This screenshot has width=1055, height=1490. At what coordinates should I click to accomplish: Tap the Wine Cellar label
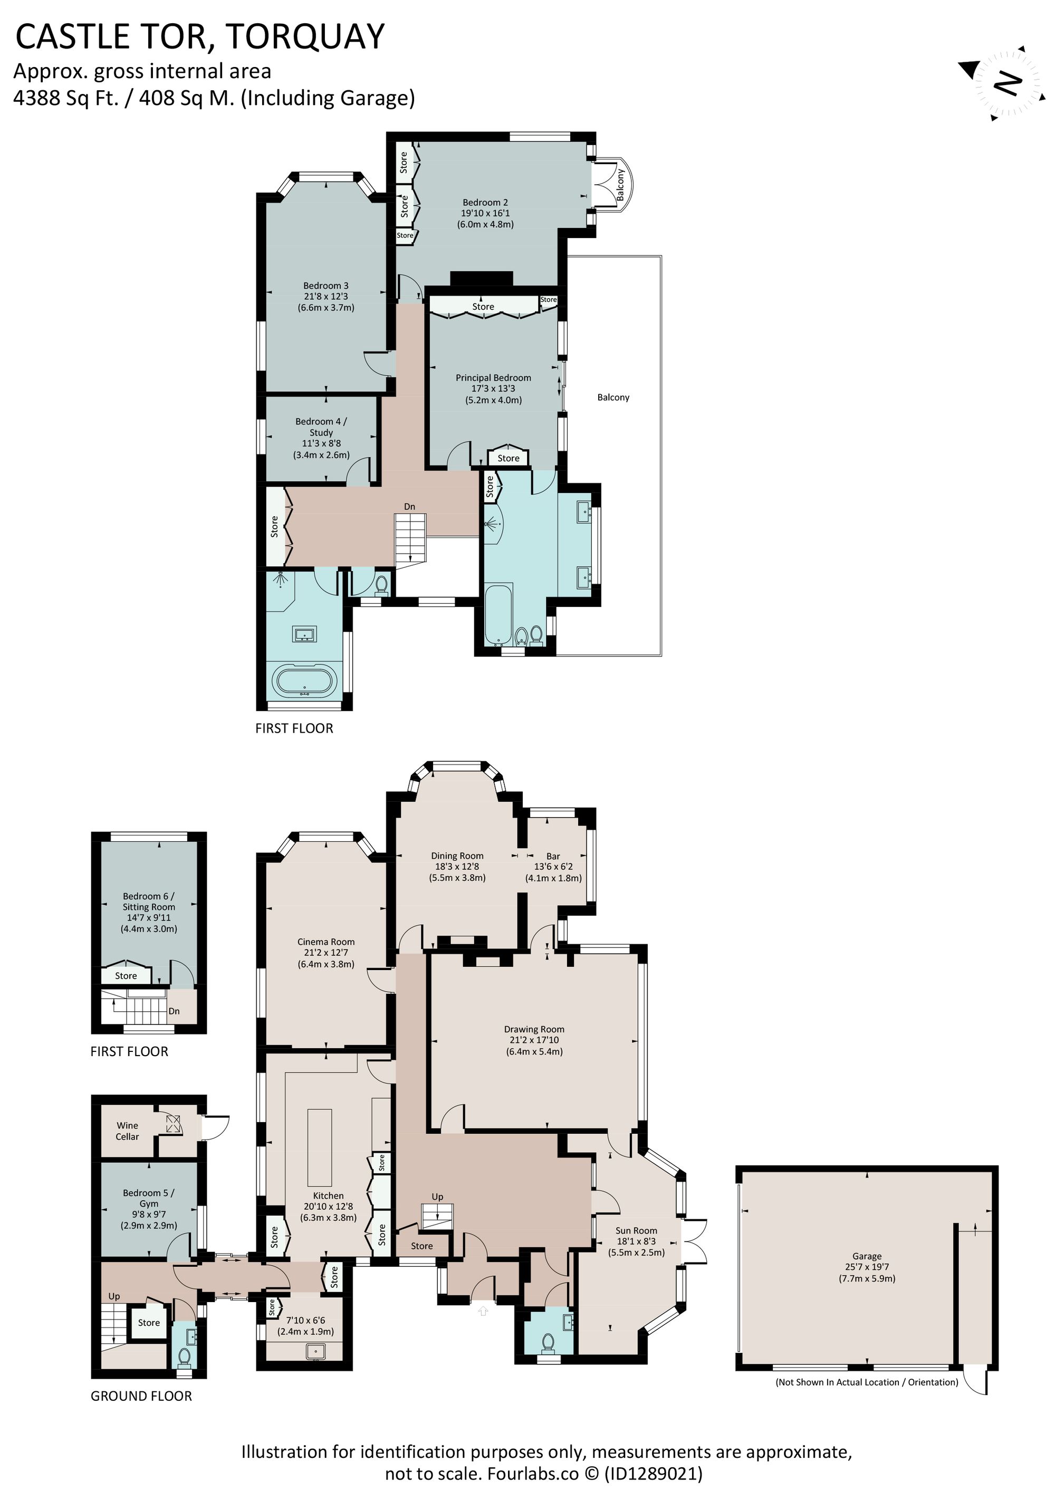point(127,1131)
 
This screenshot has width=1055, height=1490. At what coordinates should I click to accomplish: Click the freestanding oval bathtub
point(304,681)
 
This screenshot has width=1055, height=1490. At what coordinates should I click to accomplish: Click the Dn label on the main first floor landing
point(409,506)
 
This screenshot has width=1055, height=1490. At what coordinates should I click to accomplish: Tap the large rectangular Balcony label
point(613,397)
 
